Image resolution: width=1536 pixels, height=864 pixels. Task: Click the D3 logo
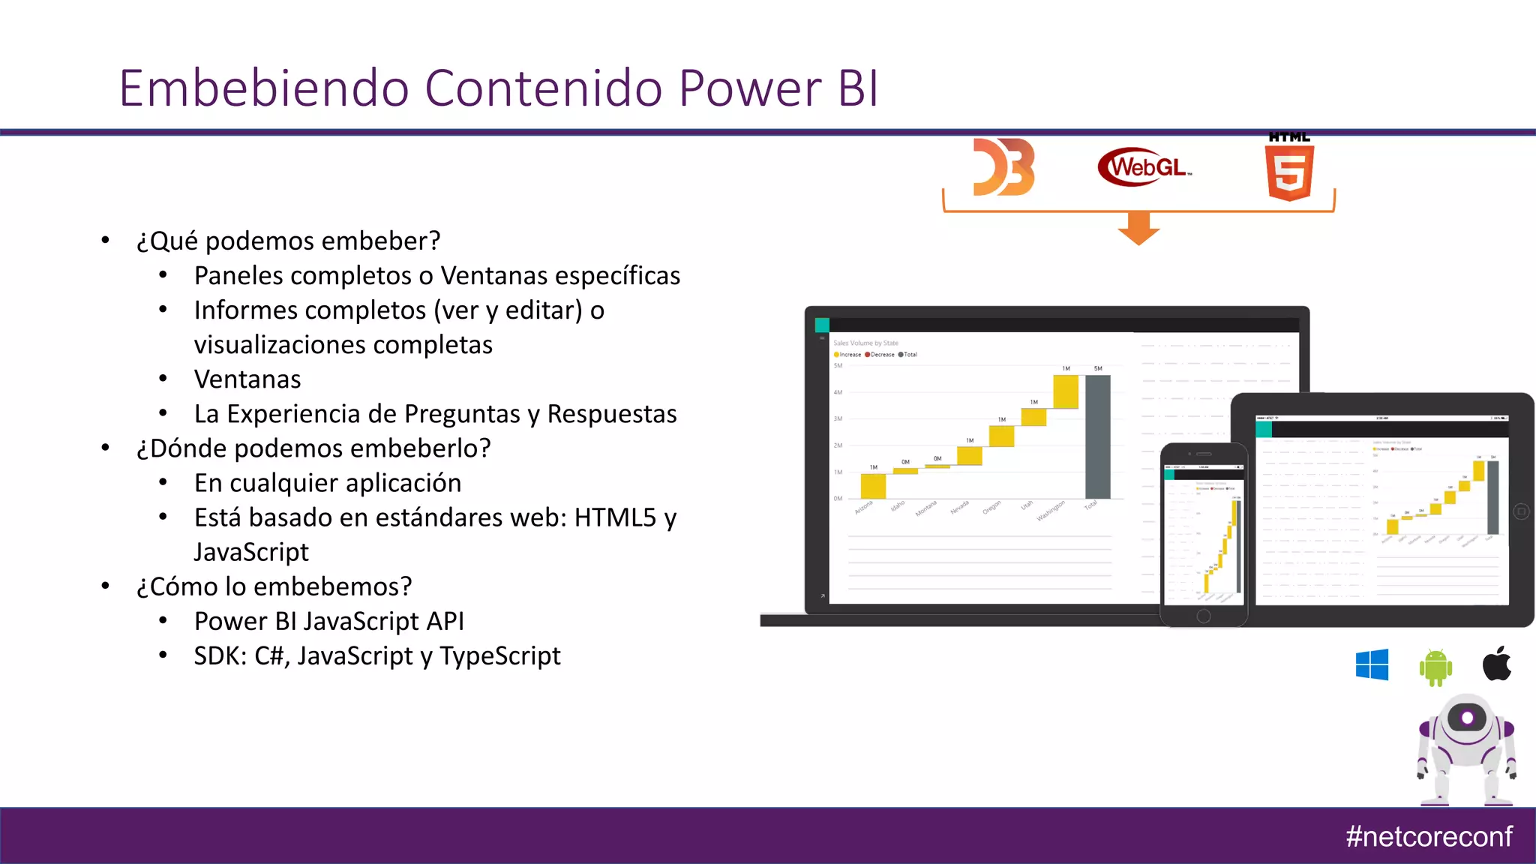1003,167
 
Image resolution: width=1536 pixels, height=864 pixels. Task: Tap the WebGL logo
1144,166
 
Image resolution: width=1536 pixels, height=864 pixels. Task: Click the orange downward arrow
1138,228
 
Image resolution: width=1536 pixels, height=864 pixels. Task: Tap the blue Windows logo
1372,665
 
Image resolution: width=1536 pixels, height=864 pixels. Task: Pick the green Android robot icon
1435,667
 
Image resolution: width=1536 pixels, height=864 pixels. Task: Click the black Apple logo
1497,664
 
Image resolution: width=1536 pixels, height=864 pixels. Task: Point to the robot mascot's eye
1467,718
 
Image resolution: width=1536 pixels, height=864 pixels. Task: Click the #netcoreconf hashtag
1428,836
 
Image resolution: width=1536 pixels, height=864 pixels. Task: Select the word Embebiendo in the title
263,88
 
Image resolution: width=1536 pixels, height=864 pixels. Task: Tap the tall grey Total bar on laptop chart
1098,436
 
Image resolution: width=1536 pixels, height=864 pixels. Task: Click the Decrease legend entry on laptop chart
880,355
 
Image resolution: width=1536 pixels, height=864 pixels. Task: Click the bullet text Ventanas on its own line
247,379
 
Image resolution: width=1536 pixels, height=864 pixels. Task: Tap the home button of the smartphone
1204,616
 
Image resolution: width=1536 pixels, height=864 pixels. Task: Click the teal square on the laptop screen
822,325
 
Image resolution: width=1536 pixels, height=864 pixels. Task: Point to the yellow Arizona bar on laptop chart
873,486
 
